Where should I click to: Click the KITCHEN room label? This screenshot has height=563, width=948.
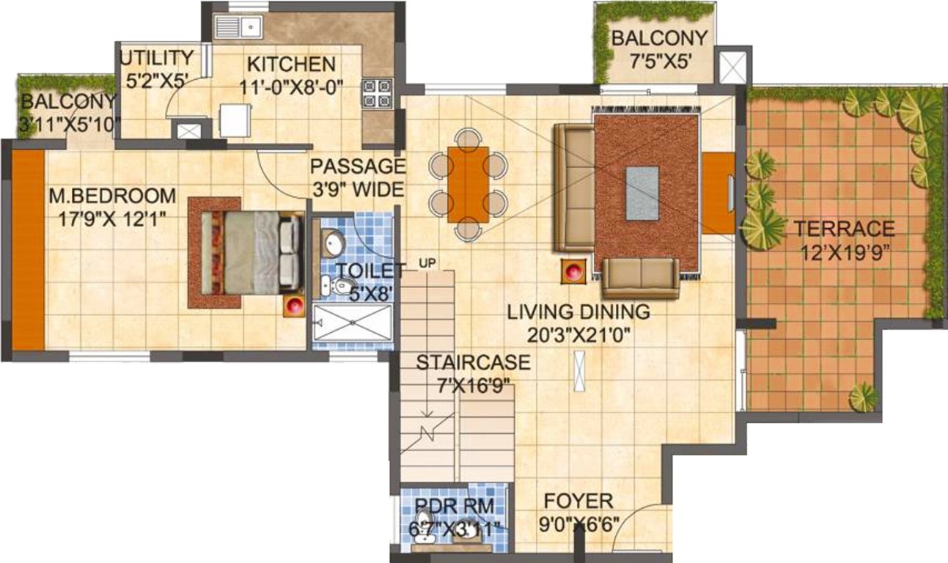(291, 64)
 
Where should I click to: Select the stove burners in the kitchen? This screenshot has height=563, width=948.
(378, 94)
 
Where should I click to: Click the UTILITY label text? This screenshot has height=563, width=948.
(156, 58)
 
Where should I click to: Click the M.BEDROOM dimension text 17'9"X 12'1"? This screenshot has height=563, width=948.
(113, 218)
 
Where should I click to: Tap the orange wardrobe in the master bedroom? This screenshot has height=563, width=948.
(28, 250)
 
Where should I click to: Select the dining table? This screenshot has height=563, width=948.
(468, 184)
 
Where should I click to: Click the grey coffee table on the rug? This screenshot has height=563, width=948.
(642, 193)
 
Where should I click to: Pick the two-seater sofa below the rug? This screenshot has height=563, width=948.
(641, 278)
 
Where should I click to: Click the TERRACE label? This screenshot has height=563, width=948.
(844, 228)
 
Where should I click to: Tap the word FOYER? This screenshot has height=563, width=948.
(578, 501)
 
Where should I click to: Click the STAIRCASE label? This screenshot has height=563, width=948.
(462, 362)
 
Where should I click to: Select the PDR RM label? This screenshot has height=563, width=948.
(449, 506)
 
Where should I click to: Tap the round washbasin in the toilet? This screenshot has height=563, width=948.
(335, 241)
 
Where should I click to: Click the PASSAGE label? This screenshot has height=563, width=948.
(356, 166)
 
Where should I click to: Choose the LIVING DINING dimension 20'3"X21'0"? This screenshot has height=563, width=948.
(578, 335)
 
